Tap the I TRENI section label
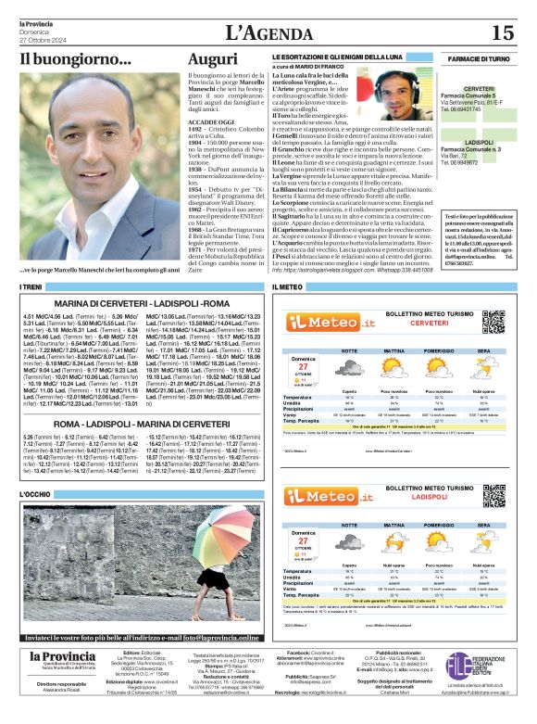click(x=31, y=288)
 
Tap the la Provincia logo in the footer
click(x=62, y=659)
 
